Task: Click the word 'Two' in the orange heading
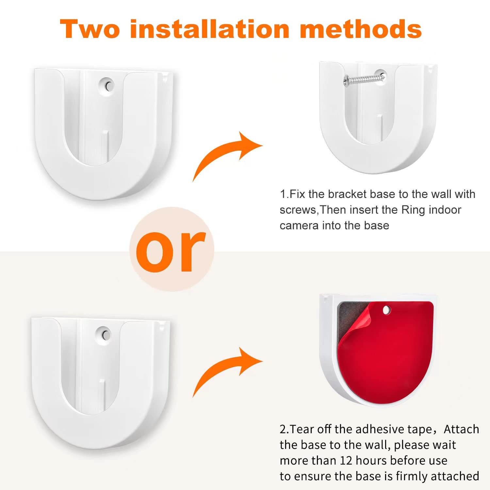90,29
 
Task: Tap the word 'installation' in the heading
209,29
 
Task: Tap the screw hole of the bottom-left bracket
105,334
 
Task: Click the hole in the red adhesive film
386,309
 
